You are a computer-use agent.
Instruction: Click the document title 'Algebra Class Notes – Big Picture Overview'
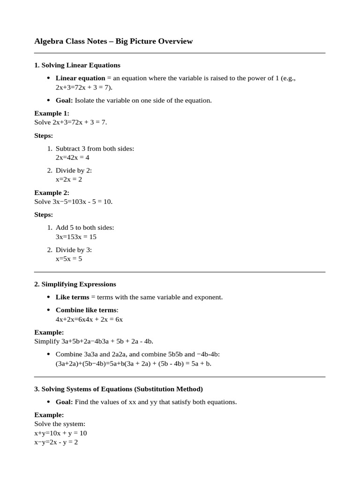pyautogui.click(x=113, y=41)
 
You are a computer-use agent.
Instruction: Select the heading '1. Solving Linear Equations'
pyautogui.click(x=77, y=65)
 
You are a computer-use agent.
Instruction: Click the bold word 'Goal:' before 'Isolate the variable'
pyautogui.click(x=64, y=100)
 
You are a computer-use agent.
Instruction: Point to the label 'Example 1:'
pyautogui.click(x=52, y=113)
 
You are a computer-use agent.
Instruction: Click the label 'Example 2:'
pyautogui.click(x=52, y=193)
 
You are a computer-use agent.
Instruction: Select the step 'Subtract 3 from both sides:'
pyautogui.click(x=95, y=149)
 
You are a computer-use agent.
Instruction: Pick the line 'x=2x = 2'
pyautogui.click(x=69, y=180)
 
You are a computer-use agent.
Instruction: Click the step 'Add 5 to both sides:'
pyautogui.click(x=85, y=228)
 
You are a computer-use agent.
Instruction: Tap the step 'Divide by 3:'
pyautogui.click(x=74, y=250)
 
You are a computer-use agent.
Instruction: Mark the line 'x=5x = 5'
pyautogui.click(x=69, y=259)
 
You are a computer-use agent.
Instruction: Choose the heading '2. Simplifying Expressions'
pyautogui.click(x=75, y=284)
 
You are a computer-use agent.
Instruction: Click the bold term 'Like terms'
pyautogui.click(x=72, y=297)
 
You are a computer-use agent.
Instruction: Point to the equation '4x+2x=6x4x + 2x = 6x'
pyautogui.click(x=89, y=319)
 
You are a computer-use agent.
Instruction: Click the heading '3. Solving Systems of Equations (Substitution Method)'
pyautogui.click(x=119, y=389)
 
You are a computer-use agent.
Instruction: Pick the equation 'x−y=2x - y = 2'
pyautogui.click(x=56, y=442)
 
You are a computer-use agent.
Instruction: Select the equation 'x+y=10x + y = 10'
pyautogui.click(x=60, y=433)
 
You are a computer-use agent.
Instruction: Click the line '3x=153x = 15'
pyautogui.click(x=76, y=237)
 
